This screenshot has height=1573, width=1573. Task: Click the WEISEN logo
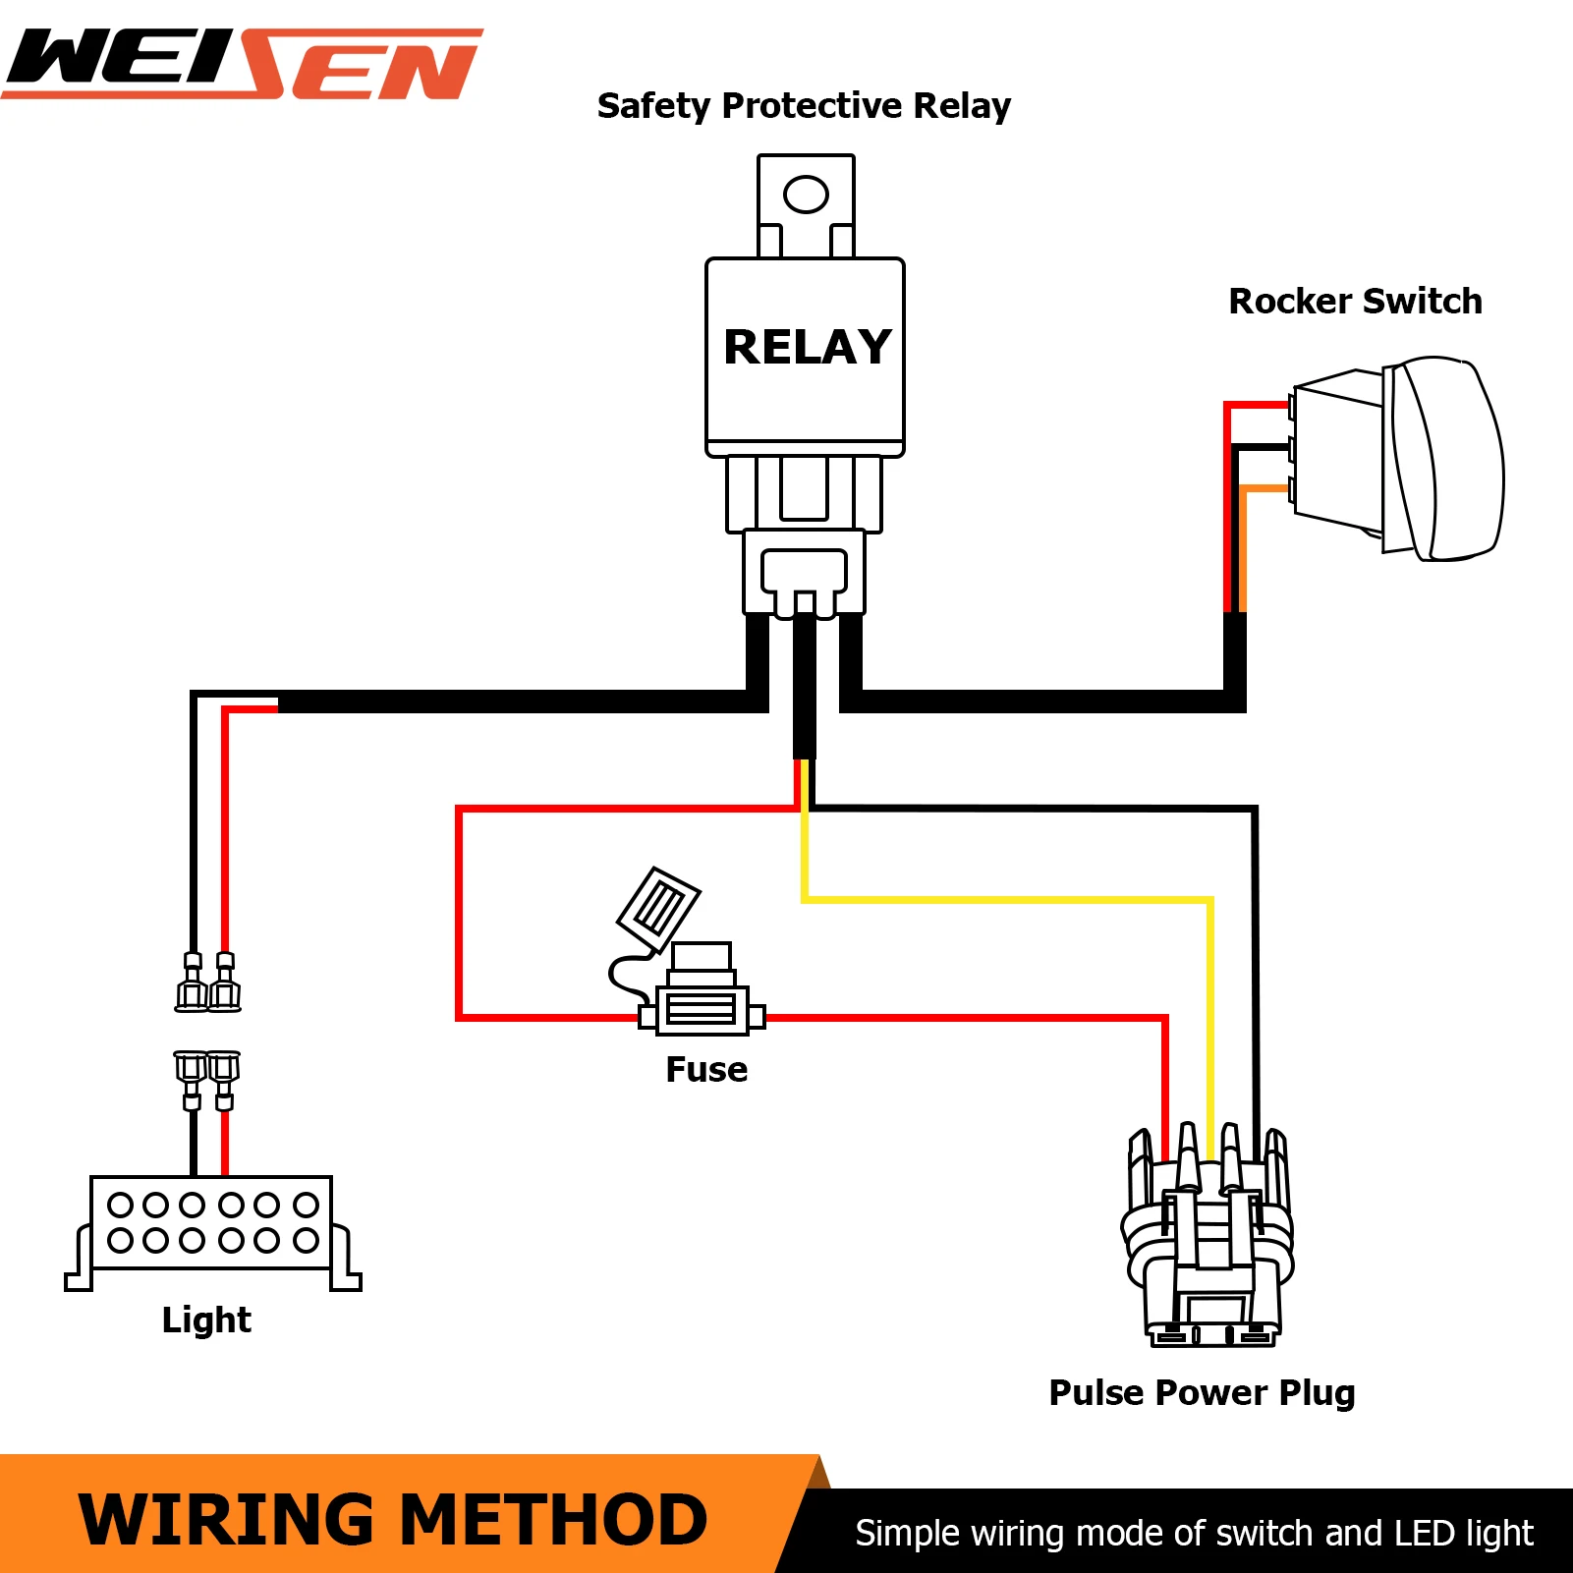tap(243, 64)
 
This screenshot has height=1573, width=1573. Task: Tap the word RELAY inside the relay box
tap(807, 347)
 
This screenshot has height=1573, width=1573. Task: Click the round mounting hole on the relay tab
tap(806, 194)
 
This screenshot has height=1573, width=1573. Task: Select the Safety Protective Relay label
tap(804, 106)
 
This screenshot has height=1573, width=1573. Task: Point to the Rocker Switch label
tap(1355, 301)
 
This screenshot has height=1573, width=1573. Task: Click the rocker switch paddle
tap(1444, 459)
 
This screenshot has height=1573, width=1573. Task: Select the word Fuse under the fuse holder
tap(706, 1069)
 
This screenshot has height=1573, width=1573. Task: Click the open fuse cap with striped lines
tap(658, 910)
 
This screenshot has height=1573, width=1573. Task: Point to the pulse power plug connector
tap(1208, 1235)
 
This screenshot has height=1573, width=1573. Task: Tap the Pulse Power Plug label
tap(1202, 1393)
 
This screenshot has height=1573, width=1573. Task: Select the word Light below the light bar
tap(206, 1320)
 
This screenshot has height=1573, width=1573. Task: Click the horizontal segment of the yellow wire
tap(1008, 899)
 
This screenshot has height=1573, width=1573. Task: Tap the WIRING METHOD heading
tap(393, 1520)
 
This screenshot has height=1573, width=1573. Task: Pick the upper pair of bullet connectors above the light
tap(208, 982)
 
